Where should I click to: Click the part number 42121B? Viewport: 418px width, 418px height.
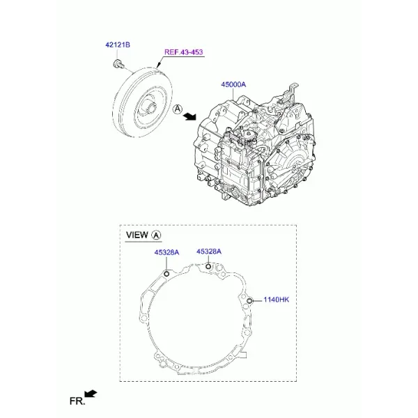118,45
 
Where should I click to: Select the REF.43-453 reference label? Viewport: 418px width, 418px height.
184,52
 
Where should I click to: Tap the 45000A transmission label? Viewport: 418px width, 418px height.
233,84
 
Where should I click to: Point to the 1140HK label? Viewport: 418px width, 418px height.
276,300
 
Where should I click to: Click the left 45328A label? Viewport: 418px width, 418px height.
167,252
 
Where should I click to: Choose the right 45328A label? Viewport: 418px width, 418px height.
209,251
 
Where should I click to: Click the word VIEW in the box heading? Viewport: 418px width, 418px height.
137,235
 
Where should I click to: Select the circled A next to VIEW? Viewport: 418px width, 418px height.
156,235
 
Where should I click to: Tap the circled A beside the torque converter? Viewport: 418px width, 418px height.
178,109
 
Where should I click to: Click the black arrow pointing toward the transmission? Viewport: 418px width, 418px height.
189,116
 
